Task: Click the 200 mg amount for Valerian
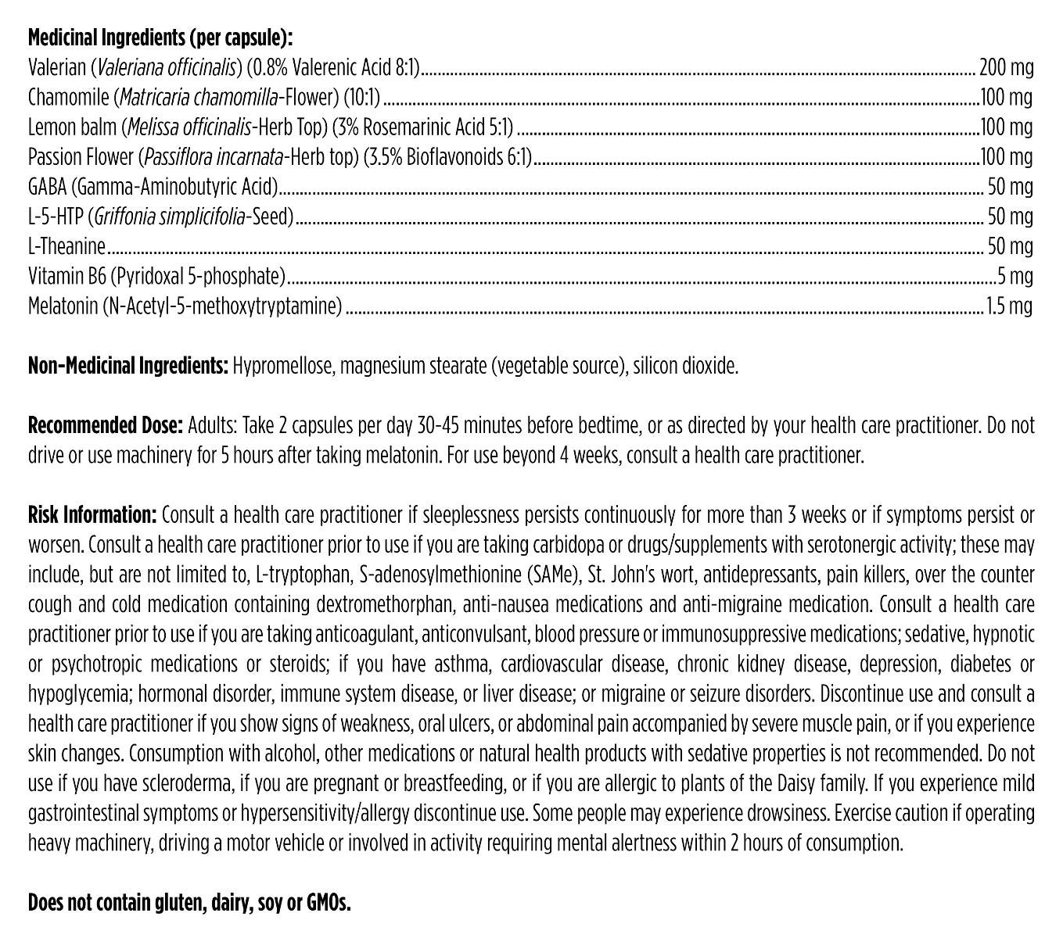click(x=1006, y=68)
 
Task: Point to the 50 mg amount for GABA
click(x=1011, y=187)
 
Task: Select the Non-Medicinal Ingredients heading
click(x=127, y=365)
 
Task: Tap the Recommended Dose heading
click(x=106, y=425)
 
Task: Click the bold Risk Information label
click(x=93, y=515)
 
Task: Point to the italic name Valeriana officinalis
click(x=166, y=68)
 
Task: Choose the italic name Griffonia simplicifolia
click(x=168, y=217)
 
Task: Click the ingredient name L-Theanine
click(x=66, y=246)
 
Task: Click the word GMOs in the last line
click(x=327, y=904)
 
